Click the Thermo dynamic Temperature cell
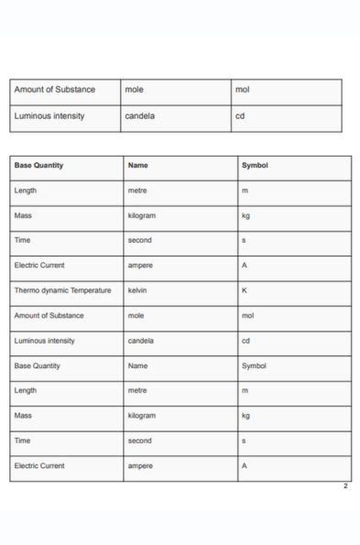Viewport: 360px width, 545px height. click(62, 290)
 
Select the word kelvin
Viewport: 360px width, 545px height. click(138, 290)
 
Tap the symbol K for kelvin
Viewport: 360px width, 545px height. click(245, 290)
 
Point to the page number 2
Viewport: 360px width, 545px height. click(345, 486)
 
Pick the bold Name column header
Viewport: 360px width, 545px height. click(138, 166)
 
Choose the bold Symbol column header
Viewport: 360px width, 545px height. click(255, 166)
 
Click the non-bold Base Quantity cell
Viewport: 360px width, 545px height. click(38, 365)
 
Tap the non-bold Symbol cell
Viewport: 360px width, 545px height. click(254, 365)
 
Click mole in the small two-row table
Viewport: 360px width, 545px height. click(135, 90)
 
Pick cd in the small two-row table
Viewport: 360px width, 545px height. click(240, 116)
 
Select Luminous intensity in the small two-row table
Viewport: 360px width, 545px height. click(49, 116)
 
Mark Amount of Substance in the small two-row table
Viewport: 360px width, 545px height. click(55, 90)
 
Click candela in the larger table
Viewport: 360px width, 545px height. click(141, 341)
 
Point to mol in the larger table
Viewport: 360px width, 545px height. click(247, 315)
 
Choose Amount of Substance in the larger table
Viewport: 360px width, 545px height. click(49, 315)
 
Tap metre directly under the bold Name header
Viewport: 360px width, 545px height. click(138, 191)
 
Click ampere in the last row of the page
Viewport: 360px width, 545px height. click(140, 465)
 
